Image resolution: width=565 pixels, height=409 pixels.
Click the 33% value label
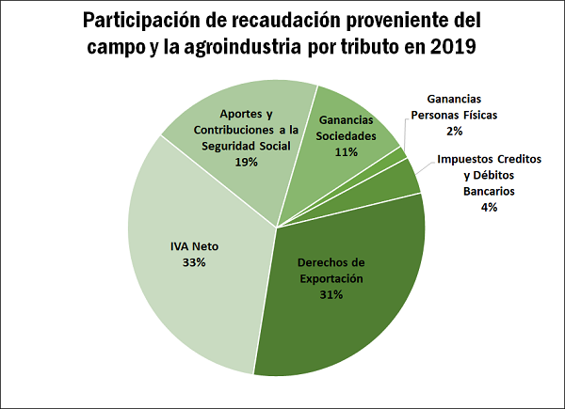point(195,262)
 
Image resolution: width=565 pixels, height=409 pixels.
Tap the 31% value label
point(331,294)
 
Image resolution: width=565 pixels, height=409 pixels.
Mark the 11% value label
point(347,150)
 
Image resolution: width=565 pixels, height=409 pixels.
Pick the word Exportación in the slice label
point(331,278)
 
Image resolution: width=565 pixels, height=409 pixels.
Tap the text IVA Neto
point(195,246)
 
